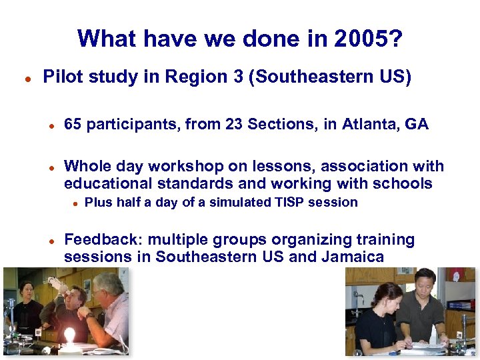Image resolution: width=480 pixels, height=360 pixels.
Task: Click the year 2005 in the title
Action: point(368,39)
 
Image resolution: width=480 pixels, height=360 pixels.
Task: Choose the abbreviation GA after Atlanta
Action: point(416,124)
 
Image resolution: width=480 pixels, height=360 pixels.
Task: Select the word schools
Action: point(405,183)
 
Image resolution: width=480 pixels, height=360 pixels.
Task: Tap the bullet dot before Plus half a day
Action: point(76,203)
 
